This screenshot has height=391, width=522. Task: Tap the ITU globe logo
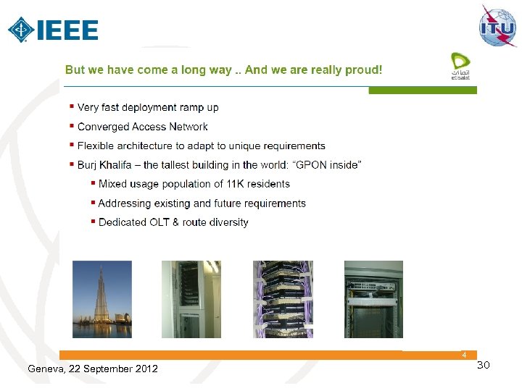(x=497, y=26)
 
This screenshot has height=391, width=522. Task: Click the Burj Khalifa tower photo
(x=102, y=299)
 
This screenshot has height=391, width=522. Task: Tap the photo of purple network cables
(x=283, y=299)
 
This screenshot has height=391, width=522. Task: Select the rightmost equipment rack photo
(x=373, y=299)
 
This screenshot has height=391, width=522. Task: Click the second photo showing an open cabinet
(x=191, y=299)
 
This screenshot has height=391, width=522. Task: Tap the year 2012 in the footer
(x=146, y=369)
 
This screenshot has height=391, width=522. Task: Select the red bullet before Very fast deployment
(x=71, y=106)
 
